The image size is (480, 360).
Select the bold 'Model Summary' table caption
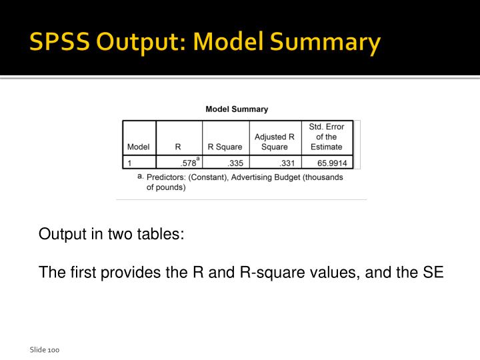(x=237, y=109)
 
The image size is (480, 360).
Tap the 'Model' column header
(x=138, y=147)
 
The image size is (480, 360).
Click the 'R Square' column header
(x=225, y=147)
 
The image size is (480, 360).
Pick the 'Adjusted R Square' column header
(x=275, y=142)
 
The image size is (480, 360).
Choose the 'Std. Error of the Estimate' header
(x=327, y=137)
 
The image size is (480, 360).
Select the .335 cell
(x=235, y=163)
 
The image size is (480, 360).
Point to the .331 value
(x=287, y=163)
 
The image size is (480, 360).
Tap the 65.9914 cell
(x=332, y=163)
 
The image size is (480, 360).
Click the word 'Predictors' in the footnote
(x=167, y=177)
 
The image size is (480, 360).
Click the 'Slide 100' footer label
(x=45, y=349)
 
